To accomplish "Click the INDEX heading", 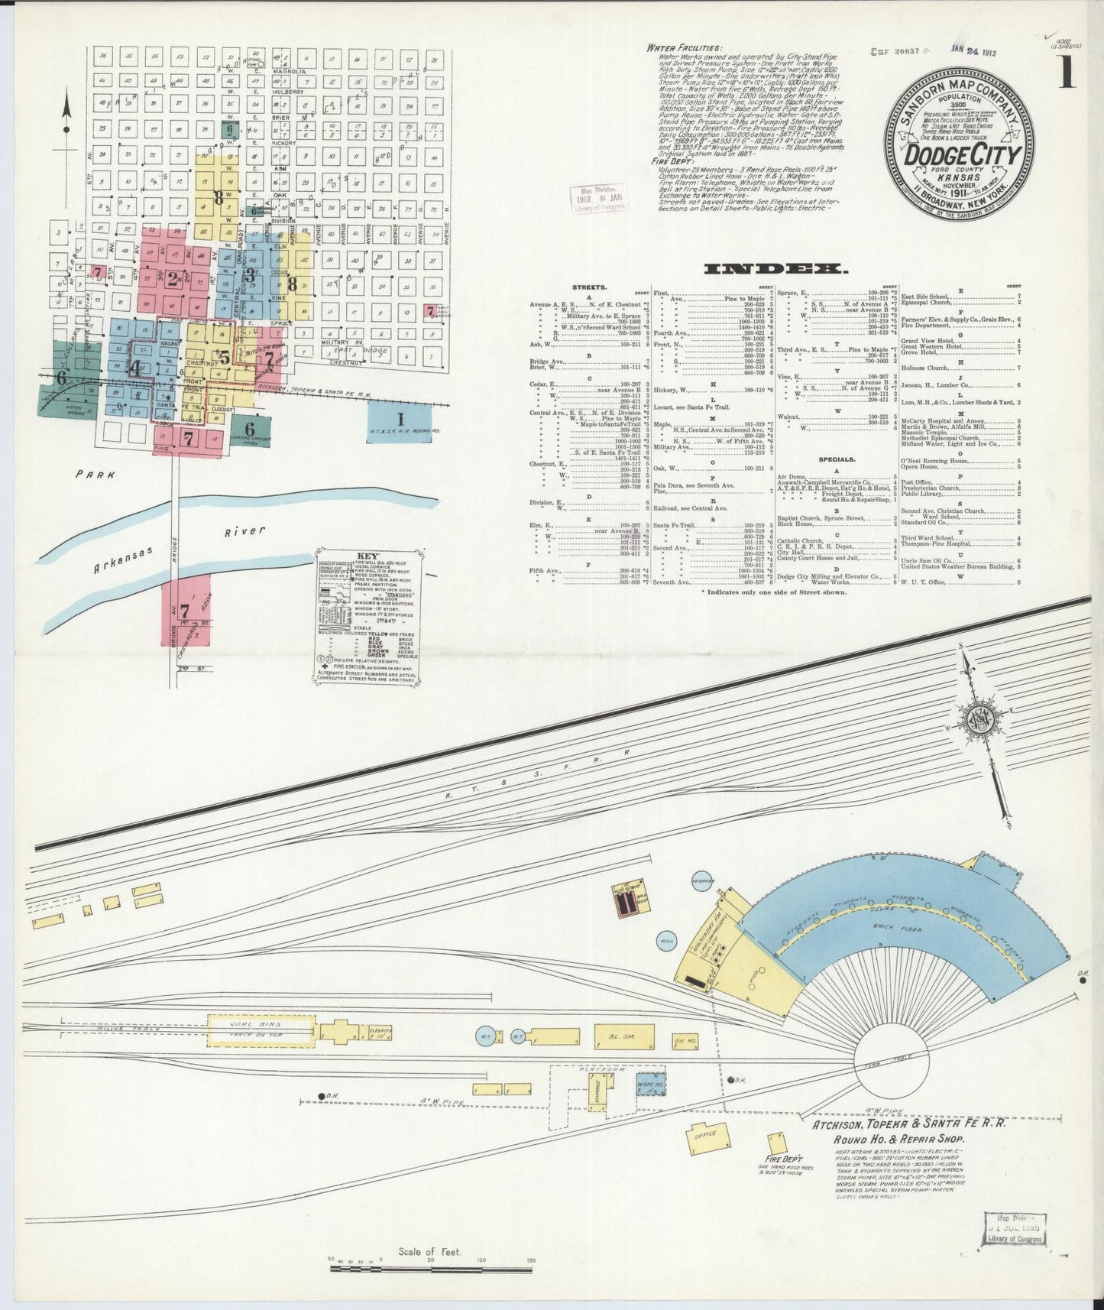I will [x=775, y=269].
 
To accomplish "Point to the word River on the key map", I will [x=245, y=532].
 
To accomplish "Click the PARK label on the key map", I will [x=96, y=475].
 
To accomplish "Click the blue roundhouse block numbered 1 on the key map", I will [x=399, y=419].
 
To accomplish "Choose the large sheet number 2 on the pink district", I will [x=173, y=279].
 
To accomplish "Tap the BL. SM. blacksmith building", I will [x=624, y=1037].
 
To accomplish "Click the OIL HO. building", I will [x=685, y=1041].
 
